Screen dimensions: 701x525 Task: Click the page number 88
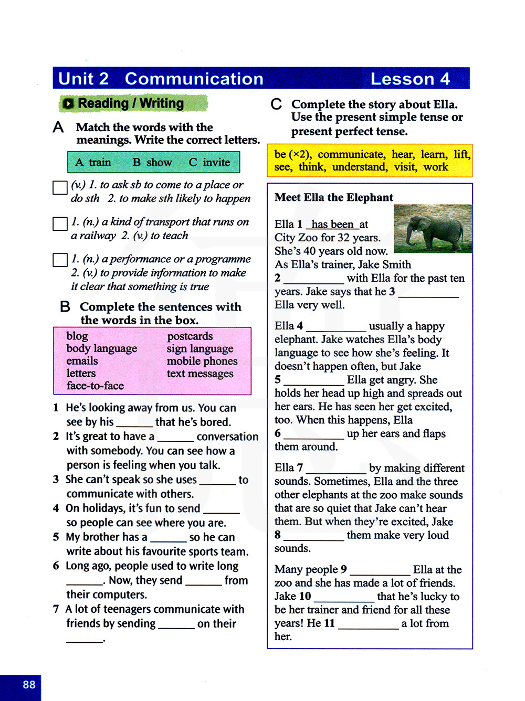point(29,684)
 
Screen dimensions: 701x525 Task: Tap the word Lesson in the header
point(402,79)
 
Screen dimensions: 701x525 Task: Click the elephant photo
point(433,228)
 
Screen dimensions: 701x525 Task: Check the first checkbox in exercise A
point(60,187)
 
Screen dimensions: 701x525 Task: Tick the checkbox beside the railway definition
point(60,224)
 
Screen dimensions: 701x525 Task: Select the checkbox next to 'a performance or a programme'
point(60,260)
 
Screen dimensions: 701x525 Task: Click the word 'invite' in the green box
point(216,163)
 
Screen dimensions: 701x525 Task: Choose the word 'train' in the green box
point(100,163)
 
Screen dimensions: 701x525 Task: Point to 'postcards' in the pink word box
point(190,336)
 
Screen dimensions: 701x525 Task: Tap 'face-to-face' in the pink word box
point(95,386)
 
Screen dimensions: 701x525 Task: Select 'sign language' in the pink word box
point(200,348)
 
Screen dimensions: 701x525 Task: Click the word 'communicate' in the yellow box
point(351,154)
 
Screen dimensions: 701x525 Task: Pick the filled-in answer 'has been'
point(332,225)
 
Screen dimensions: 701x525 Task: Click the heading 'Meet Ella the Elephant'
point(334,197)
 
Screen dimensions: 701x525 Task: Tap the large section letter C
point(276,104)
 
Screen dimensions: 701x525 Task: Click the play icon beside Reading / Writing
point(68,104)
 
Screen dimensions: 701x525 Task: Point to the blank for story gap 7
point(336,469)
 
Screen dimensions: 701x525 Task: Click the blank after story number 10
point(344,597)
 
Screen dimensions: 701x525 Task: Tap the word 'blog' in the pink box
point(77,336)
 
